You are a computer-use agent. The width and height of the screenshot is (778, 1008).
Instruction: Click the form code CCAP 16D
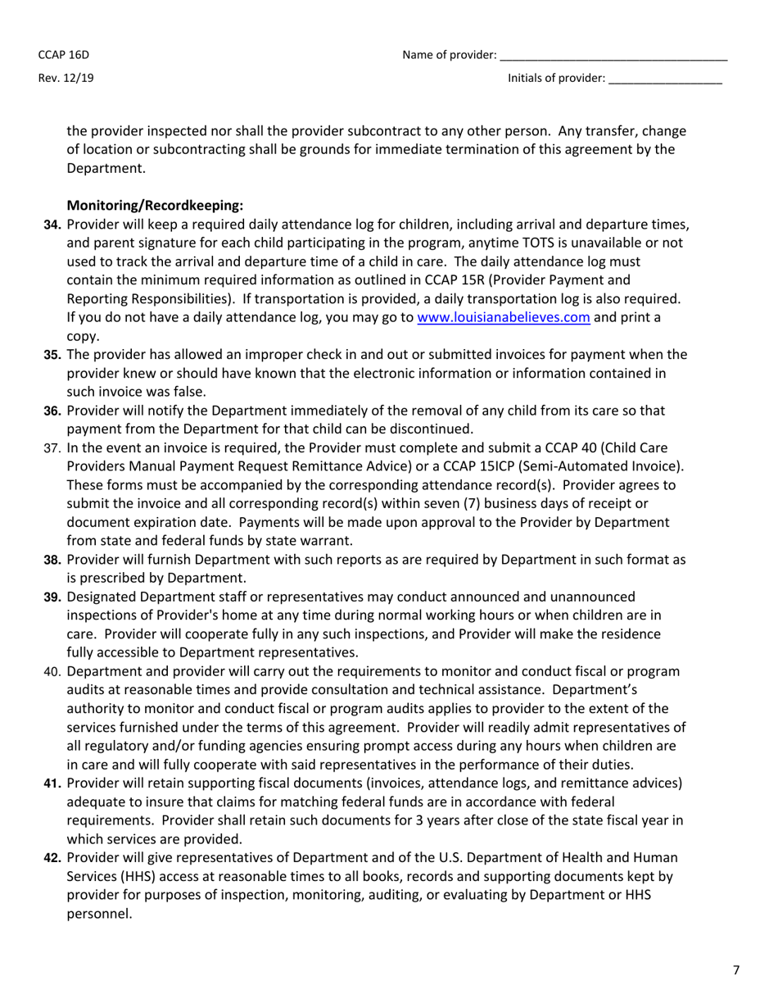point(63,56)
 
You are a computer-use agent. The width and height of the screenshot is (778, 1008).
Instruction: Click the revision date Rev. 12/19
point(66,79)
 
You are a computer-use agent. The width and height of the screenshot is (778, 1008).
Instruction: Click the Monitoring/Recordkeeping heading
point(155,205)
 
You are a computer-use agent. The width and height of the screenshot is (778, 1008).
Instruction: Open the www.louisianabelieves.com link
point(504,318)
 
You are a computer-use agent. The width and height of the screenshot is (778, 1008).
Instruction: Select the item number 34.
point(52,225)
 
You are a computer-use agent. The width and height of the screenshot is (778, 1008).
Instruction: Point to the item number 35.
point(52,355)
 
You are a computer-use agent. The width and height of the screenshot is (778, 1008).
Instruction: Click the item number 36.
point(52,411)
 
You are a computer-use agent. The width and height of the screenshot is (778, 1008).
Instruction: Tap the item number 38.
point(52,560)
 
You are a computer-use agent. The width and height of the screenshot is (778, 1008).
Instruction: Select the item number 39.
point(52,597)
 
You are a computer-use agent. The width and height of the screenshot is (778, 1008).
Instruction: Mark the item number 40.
point(52,672)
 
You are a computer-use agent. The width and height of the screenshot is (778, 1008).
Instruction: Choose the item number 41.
point(52,783)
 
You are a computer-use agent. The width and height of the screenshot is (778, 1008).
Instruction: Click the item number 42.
point(52,857)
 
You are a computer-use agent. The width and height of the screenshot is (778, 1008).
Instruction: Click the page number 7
point(735,970)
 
